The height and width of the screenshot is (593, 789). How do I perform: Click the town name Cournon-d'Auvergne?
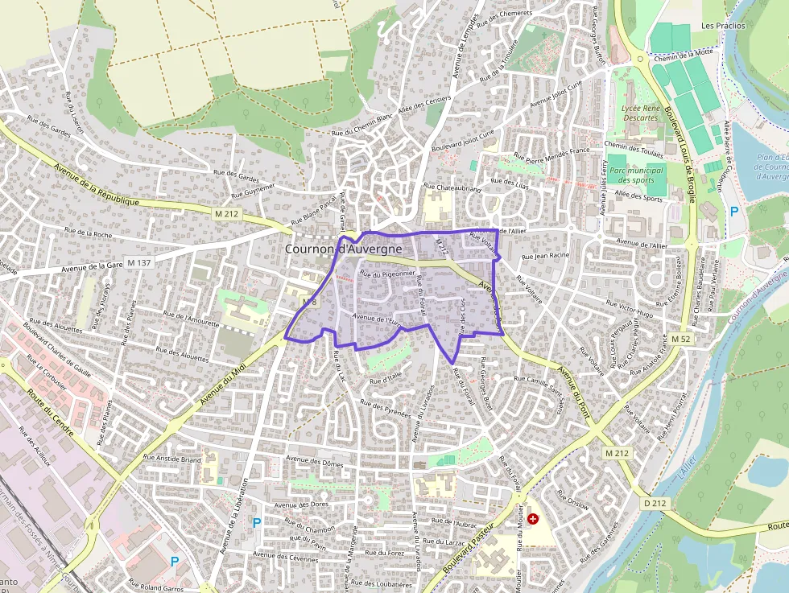coord(344,249)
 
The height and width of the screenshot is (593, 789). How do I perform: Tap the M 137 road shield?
coord(138,263)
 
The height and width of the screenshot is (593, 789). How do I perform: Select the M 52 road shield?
coord(680,340)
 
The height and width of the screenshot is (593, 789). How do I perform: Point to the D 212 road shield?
coord(655,503)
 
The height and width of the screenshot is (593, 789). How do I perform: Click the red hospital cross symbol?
coord(532,520)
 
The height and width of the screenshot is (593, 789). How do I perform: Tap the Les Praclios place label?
coord(723,26)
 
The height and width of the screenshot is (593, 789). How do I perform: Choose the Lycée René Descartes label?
coord(640,113)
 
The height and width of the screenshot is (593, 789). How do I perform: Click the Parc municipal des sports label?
coord(636,175)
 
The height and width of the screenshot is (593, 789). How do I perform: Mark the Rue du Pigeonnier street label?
coord(386,274)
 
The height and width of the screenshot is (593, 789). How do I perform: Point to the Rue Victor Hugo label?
coord(630,309)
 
